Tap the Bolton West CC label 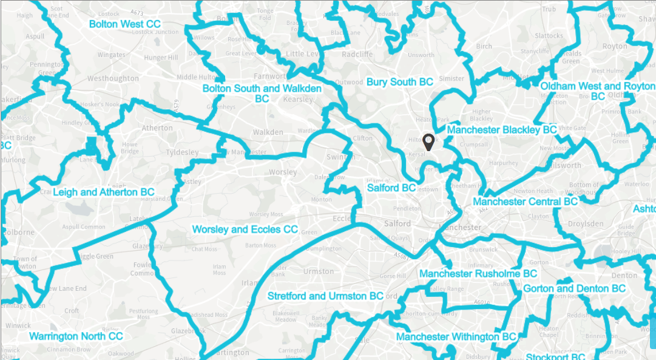coord(125,24)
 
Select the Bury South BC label coord(399,82)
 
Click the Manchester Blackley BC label coord(502,130)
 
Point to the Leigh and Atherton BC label coord(104,192)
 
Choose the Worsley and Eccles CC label coord(245,229)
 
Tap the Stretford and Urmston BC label coord(325,296)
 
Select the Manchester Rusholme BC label coord(478,274)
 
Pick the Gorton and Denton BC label coord(574,288)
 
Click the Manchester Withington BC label coord(456,337)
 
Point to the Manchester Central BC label coord(525,202)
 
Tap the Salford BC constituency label coord(391,188)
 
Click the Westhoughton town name coord(113,79)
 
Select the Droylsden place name coord(586,223)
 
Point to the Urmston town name coord(318,271)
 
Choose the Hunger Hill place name coord(159,58)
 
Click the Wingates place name coord(111,55)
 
